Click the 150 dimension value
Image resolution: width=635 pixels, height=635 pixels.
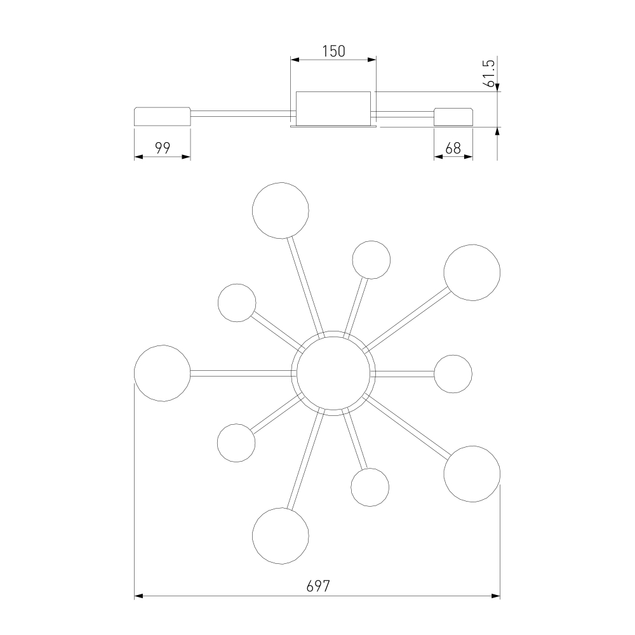pos(334,51)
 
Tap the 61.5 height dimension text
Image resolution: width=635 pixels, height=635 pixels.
pos(489,73)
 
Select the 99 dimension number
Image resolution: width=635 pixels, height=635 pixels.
pos(163,148)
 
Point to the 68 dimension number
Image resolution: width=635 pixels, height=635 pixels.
pos(453,149)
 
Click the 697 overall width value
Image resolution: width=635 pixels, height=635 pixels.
pos(318,586)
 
